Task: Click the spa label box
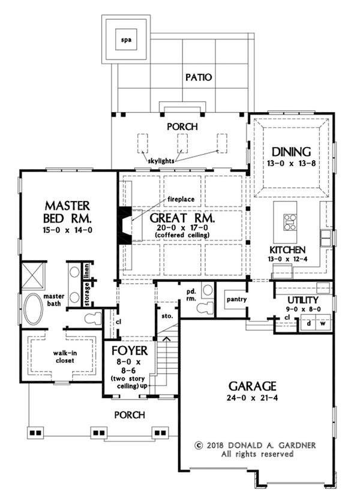pos(127,40)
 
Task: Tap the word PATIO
pos(199,77)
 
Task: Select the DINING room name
pos(291,152)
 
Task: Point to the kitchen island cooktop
pos(290,222)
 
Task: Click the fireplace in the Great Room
pos(125,226)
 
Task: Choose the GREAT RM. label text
pos(182,219)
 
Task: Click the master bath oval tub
pos(34,309)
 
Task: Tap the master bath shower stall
pos(33,275)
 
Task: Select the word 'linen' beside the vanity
pos(86,271)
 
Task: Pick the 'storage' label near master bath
pos(87,294)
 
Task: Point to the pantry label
pos(237,299)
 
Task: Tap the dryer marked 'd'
pos(308,323)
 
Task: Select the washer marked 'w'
pos(323,323)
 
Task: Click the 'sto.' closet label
pos(167,316)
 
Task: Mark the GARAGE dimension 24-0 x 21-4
pos(253,398)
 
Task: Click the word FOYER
pos(130,351)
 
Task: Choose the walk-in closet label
pos(65,357)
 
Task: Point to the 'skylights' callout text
pos(161,161)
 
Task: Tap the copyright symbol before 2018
pos(199,445)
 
